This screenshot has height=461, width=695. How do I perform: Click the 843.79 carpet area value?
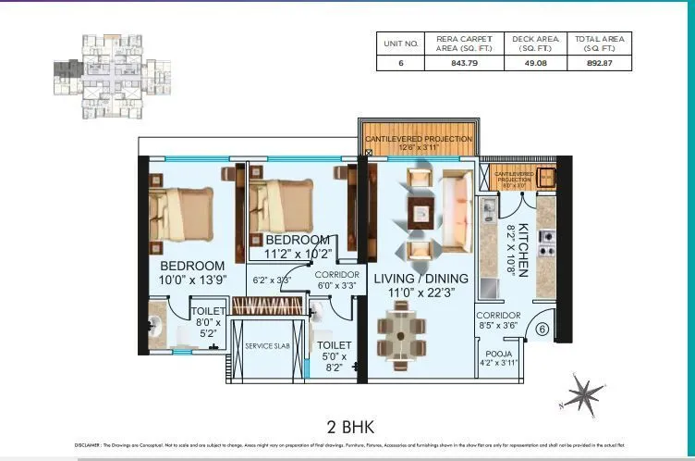[462, 64]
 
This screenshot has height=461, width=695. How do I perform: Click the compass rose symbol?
[582, 395]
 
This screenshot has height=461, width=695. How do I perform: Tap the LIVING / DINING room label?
[421, 279]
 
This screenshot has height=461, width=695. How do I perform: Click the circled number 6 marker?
[542, 329]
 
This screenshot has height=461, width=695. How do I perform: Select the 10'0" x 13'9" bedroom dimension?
[191, 280]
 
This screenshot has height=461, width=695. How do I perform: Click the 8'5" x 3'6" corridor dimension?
[499, 326]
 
